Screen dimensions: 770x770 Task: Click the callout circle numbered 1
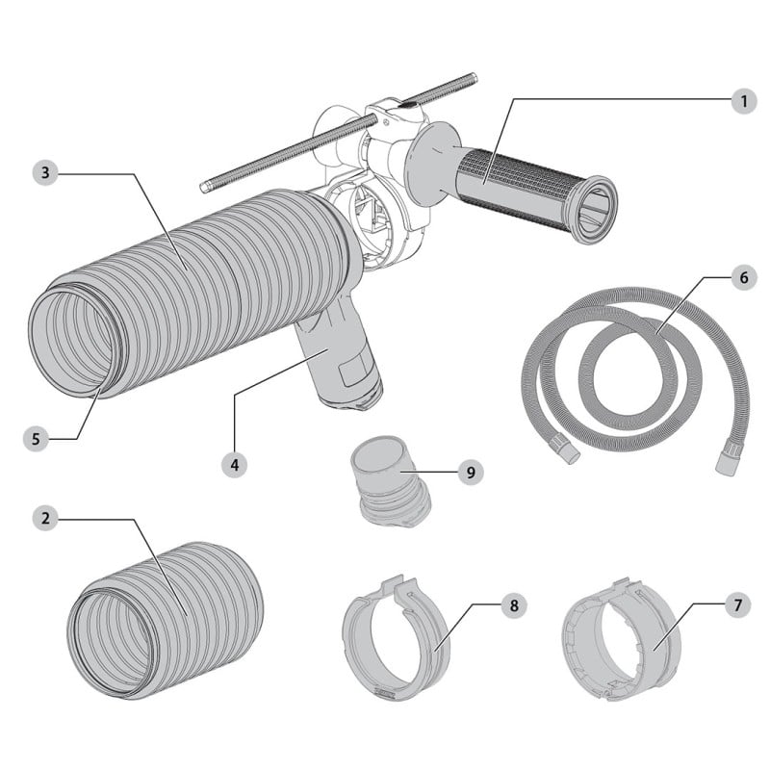click(x=743, y=102)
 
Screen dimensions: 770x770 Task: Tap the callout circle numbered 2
click(x=45, y=518)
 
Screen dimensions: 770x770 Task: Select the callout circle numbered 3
click(x=45, y=173)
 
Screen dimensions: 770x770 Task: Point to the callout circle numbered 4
click(x=235, y=464)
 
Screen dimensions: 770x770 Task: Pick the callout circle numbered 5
click(x=36, y=439)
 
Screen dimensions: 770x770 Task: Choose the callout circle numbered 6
click(x=743, y=277)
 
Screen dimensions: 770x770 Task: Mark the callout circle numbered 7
click(x=737, y=605)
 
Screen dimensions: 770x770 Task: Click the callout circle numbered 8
click(x=514, y=605)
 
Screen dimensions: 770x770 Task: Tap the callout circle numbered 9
click(x=471, y=472)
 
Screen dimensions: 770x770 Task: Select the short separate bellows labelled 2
click(x=165, y=620)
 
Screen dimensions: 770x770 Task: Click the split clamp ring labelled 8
click(x=396, y=636)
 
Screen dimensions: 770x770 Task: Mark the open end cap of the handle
click(x=596, y=210)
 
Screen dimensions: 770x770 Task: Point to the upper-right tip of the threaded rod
click(x=475, y=76)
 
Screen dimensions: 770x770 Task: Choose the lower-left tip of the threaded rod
click(x=203, y=188)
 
